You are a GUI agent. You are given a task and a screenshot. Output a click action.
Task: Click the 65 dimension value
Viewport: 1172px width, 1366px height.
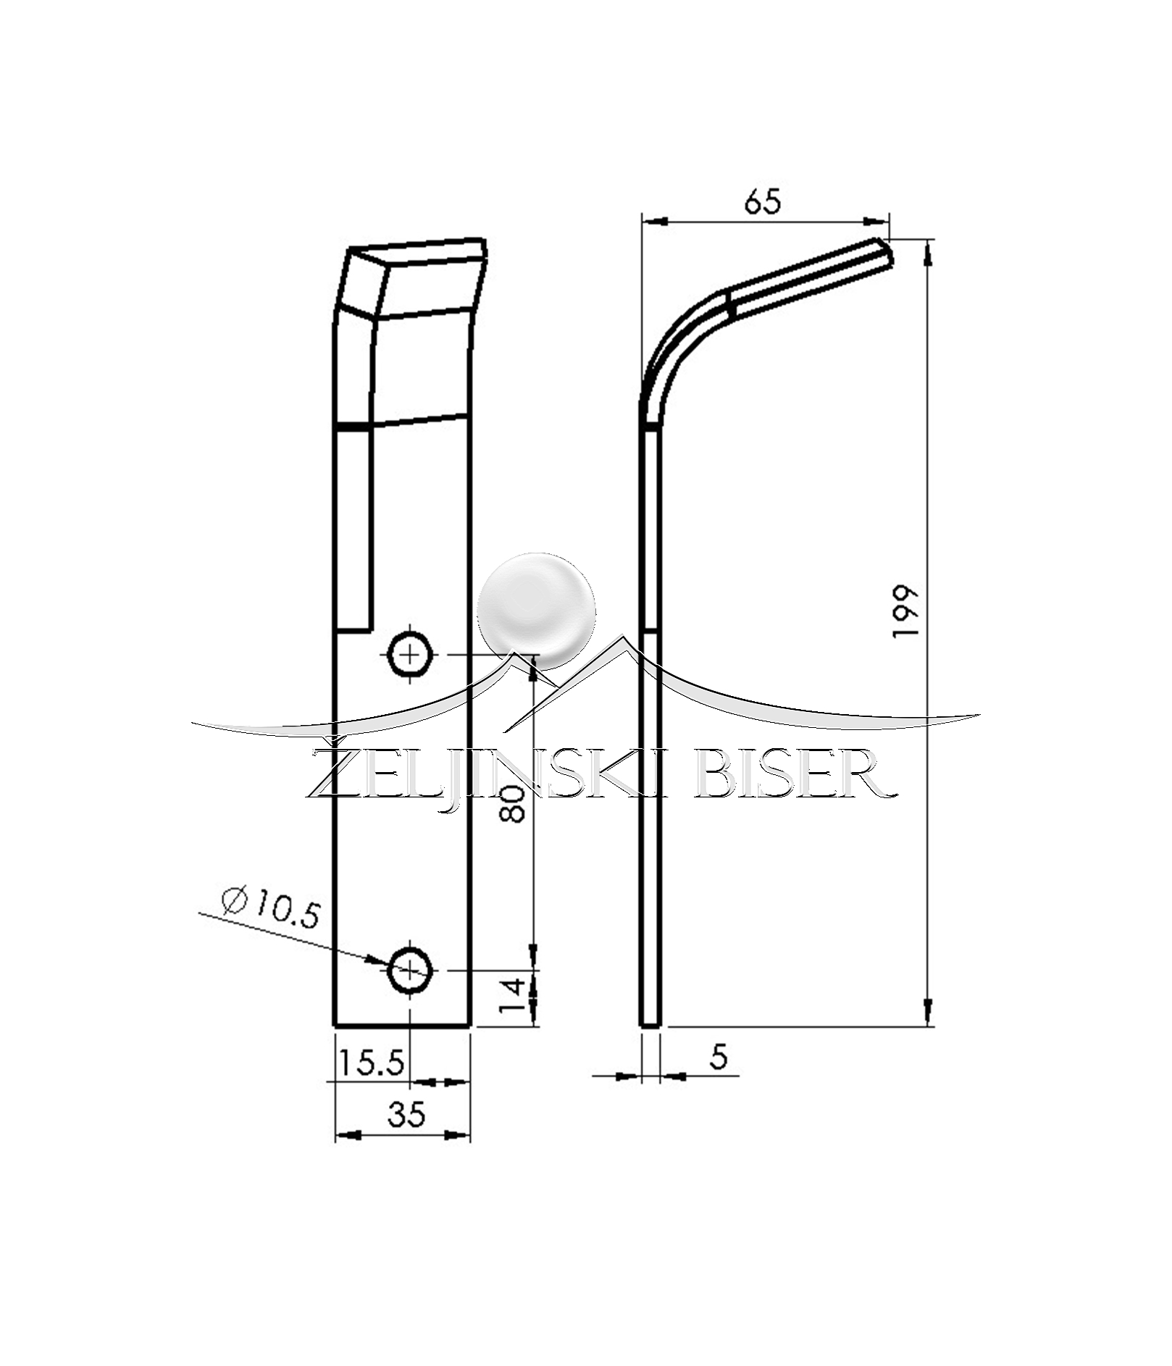click(x=763, y=201)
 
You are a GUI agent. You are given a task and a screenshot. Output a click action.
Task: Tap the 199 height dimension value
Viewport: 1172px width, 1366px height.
click(x=906, y=611)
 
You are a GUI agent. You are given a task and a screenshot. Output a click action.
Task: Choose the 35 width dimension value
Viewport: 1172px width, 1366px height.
click(x=406, y=1114)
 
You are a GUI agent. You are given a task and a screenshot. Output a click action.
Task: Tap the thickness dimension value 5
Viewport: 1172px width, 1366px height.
click(x=718, y=1057)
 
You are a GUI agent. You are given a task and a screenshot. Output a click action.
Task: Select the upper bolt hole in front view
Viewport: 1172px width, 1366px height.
click(x=411, y=655)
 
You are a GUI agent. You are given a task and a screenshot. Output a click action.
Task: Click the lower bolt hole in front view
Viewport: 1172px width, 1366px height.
click(x=411, y=971)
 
